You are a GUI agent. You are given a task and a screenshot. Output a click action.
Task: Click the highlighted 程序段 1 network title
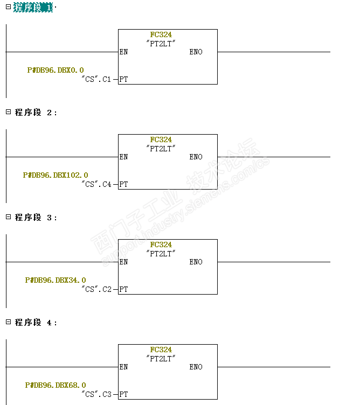[33, 7]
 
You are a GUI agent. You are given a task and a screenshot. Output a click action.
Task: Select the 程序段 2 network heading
[36, 113]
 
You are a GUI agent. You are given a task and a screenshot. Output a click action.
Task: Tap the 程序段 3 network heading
[36, 218]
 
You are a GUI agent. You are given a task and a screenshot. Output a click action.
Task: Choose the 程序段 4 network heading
[36, 323]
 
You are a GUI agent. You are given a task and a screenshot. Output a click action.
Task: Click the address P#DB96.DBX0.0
[56, 70]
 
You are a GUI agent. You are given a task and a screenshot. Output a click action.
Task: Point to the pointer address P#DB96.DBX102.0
[56, 175]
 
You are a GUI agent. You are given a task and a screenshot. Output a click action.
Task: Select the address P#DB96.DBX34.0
[56, 280]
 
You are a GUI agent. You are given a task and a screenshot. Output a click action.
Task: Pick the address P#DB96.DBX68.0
[56, 385]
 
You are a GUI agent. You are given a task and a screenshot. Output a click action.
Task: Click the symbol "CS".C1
[96, 79]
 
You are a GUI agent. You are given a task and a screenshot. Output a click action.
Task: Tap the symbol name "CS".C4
[96, 184]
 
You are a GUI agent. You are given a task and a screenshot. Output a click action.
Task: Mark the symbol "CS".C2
[96, 289]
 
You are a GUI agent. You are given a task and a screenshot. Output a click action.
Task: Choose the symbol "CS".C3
[96, 394]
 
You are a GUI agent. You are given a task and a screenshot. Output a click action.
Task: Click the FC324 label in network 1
[161, 34]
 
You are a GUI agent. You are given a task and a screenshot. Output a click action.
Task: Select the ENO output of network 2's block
[196, 157]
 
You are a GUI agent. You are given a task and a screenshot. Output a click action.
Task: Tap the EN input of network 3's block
[123, 262]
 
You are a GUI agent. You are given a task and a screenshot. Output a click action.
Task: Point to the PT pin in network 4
[123, 394]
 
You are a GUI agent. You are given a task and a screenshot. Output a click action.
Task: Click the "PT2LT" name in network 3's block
[161, 254]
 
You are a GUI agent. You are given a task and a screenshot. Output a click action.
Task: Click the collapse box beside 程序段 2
[8, 111]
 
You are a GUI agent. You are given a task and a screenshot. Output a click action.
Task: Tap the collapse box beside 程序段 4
[8, 322]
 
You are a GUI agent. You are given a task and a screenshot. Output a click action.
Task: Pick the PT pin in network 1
[123, 79]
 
